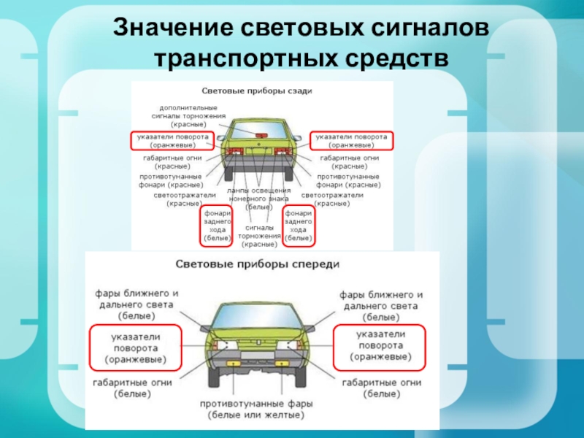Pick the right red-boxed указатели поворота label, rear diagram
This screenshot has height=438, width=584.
pyautogui.click(x=352, y=140)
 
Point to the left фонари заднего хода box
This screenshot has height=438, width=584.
pyautogui.click(x=218, y=225)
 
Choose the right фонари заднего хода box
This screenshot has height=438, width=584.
pyautogui.click(x=299, y=225)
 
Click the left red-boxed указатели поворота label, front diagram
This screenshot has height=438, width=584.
pyautogui.click(x=135, y=347)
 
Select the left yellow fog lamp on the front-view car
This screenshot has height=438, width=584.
pyautogui.click(x=234, y=363)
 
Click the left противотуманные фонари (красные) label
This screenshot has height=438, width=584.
pyautogui.click(x=172, y=181)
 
